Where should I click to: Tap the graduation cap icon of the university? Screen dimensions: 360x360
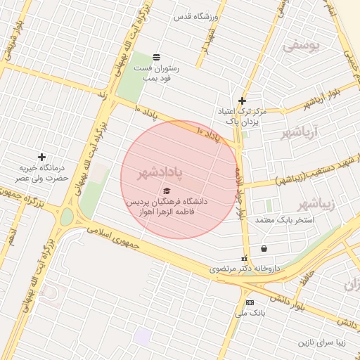pos(167,191)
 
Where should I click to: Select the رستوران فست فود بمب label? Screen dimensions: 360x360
pos(157,72)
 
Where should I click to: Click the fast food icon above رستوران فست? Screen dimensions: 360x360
pos(155,56)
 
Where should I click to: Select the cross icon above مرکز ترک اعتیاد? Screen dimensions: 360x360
pos(243,101)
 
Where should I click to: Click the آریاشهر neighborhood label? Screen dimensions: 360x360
pos(300,132)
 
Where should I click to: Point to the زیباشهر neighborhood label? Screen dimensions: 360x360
pos(314,204)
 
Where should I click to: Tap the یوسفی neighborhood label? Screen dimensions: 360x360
pos(301,46)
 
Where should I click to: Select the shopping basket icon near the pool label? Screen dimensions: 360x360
pos(264,248)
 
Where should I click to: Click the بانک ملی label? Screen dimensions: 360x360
pos(250,316)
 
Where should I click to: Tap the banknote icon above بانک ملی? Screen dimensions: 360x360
pos(250,302)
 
